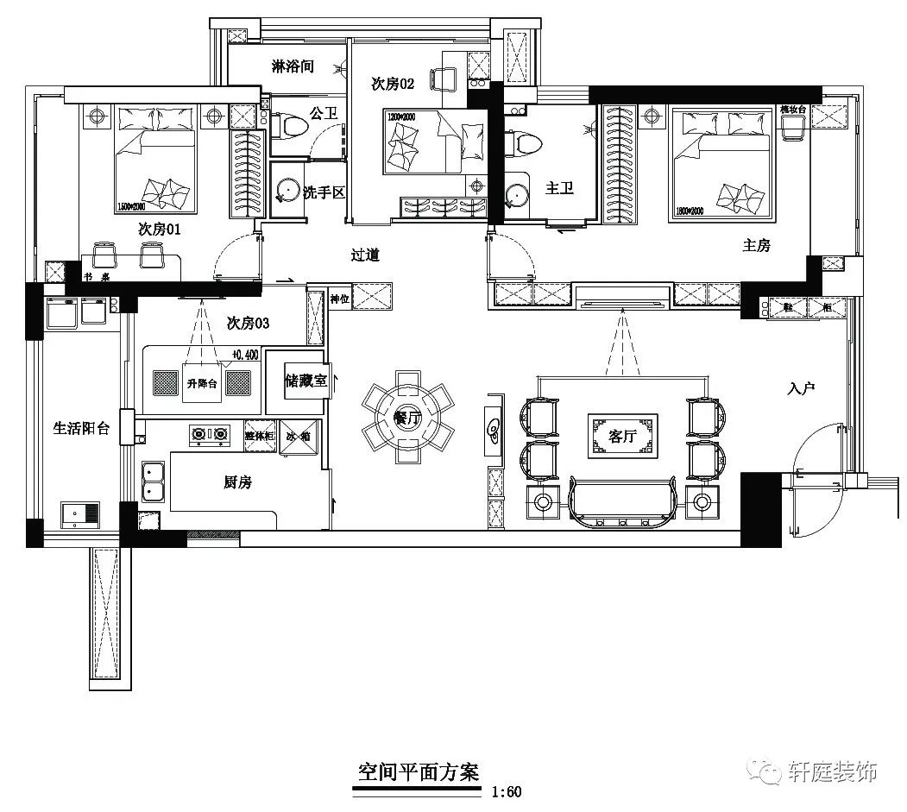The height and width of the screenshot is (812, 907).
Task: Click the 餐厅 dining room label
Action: tap(406, 418)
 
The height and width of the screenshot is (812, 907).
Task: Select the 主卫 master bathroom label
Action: tap(559, 187)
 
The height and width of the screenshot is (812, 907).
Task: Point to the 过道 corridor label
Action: tap(365, 255)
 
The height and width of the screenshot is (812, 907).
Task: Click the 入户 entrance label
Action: tap(801, 389)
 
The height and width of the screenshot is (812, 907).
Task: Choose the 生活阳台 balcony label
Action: tap(81, 428)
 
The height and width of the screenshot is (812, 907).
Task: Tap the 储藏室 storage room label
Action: tap(305, 381)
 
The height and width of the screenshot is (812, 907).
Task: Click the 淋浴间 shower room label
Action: tap(292, 66)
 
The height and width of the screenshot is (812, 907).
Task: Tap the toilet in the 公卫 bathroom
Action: tap(289, 127)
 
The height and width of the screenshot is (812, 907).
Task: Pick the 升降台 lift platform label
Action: tap(202, 383)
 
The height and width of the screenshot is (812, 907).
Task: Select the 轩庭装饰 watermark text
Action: tap(833, 771)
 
